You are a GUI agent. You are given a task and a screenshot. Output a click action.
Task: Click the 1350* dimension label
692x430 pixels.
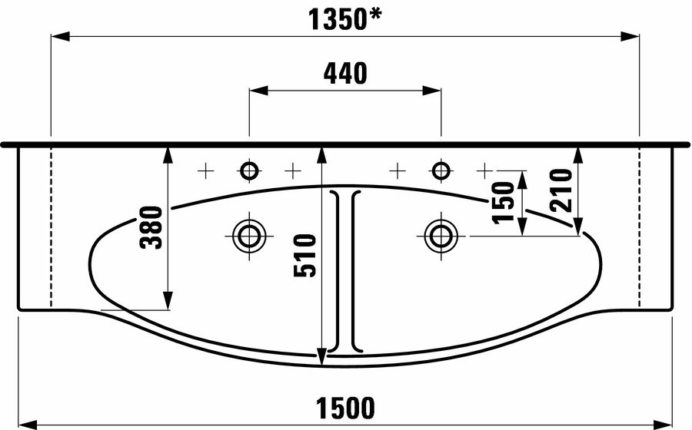pyautogui.click(x=344, y=20)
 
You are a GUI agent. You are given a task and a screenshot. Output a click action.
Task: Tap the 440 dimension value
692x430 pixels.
pyautogui.click(x=345, y=74)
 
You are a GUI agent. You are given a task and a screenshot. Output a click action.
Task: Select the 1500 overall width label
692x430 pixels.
pyautogui.click(x=345, y=408)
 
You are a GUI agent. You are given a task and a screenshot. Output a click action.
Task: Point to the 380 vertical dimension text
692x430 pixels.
pyautogui.click(x=151, y=227)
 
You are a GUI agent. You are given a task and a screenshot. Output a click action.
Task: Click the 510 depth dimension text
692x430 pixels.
pyautogui.click(x=305, y=256)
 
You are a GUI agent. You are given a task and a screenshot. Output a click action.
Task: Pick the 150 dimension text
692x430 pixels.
pyautogui.click(x=504, y=203)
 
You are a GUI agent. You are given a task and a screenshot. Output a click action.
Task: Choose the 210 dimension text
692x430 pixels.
pyautogui.click(x=561, y=190)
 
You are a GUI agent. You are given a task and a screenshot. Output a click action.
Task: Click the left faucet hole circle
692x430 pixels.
pyautogui.click(x=249, y=170)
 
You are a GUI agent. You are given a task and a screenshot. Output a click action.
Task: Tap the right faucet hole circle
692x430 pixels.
pyautogui.click(x=441, y=170)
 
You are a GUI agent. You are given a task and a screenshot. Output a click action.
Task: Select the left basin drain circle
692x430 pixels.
pyautogui.click(x=249, y=236)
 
